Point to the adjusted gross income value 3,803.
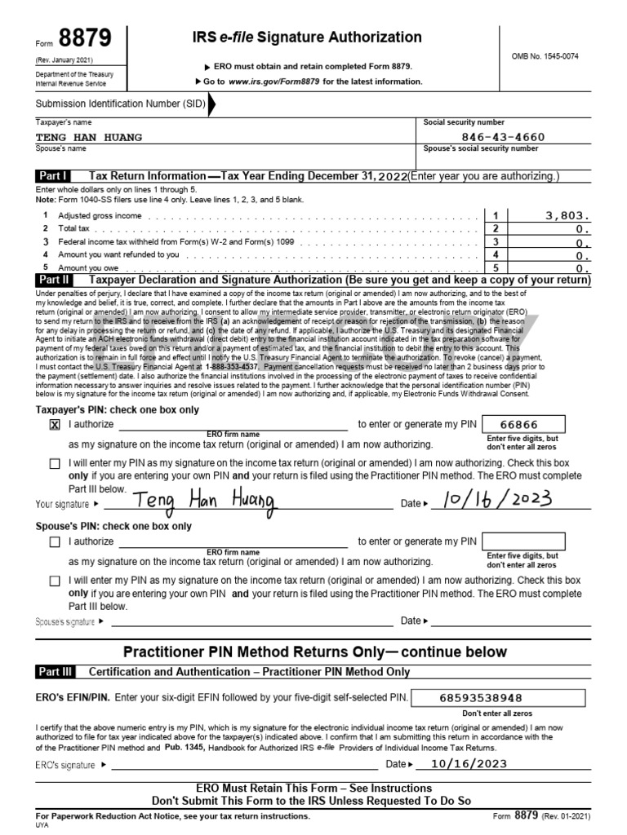click(x=565, y=215)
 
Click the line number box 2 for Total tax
click(x=496, y=229)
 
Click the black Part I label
click(x=53, y=176)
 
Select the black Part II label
click(x=53, y=280)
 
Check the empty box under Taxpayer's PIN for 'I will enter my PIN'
click(x=55, y=463)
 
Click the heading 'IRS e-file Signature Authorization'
click(x=307, y=38)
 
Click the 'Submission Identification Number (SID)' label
click(x=120, y=104)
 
